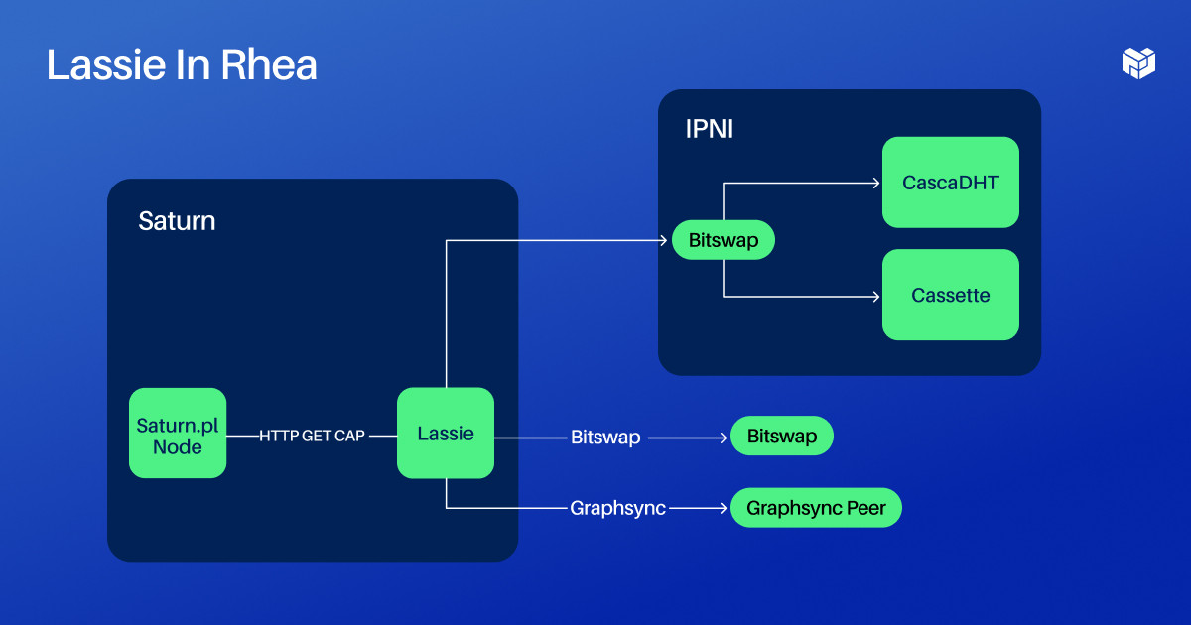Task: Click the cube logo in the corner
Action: (x=1138, y=62)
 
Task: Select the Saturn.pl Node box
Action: (x=178, y=433)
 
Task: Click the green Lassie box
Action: (x=446, y=433)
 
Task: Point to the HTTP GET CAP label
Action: (x=312, y=436)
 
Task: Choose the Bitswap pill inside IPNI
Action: (x=723, y=240)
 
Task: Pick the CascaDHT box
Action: (x=950, y=183)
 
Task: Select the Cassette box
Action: (x=950, y=295)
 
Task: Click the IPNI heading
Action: (x=710, y=129)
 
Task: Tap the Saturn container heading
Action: (x=177, y=220)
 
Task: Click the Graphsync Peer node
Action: (x=816, y=508)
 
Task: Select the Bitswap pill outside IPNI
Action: (x=781, y=436)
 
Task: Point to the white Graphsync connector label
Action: (x=617, y=508)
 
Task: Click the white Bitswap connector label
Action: (x=605, y=437)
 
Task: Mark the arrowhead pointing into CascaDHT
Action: (x=875, y=183)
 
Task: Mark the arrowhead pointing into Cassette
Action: (x=875, y=296)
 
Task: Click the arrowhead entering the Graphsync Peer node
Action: (x=724, y=508)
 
